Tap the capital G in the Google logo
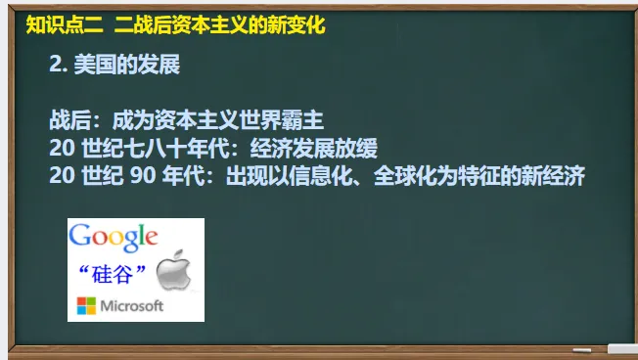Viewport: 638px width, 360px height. [x=79, y=236]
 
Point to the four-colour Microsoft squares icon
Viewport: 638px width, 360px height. [x=87, y=305]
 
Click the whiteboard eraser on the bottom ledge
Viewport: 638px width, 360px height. [x=621, y=348]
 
